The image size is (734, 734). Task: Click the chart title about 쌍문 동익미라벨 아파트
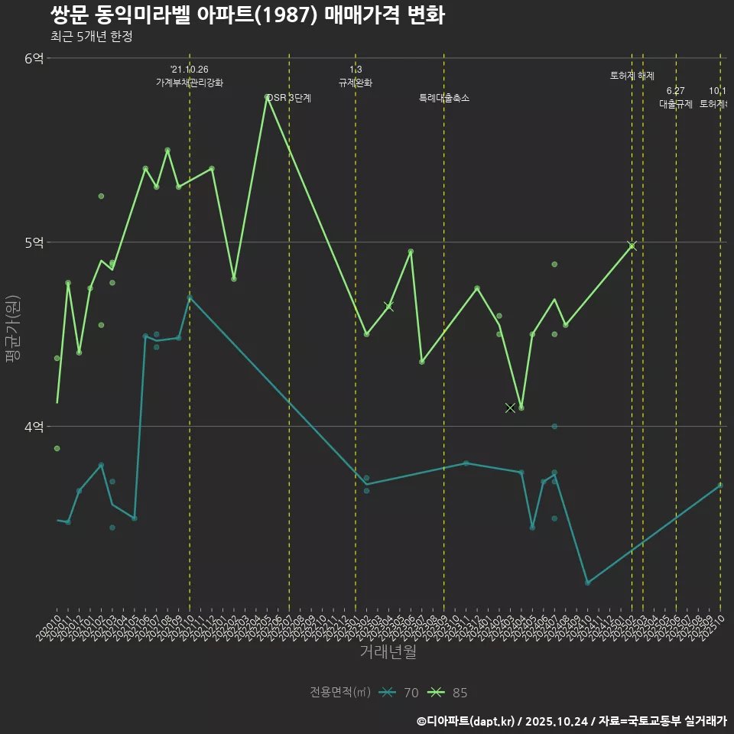(x=247, y=15)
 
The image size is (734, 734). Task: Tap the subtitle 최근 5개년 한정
(x=91, y=37)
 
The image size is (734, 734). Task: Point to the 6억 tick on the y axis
(x=34, y=58)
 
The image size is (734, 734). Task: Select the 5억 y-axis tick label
(x=34, y=242)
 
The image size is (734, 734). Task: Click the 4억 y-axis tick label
(x=34, y=427)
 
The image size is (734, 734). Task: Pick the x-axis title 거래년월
(x=388, y=652)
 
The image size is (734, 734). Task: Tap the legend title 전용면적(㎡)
(x=340, y=693)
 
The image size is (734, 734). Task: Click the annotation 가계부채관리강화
(x=190, y=83)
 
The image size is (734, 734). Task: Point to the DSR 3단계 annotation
(x=289, y=98)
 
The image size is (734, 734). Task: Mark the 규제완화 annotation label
(x=356, y=83)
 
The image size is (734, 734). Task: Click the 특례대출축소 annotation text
(x=444, y=98)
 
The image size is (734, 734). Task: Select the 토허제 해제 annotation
(x=632, y=76)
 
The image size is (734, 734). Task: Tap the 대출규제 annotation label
(x=676, y=104)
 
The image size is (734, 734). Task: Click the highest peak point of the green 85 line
(x=267, y=97)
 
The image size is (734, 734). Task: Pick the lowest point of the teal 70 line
(x=587, y=583)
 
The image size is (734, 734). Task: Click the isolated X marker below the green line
(x=510, y=408)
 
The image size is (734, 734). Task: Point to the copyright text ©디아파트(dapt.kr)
(x=466, y=721)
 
